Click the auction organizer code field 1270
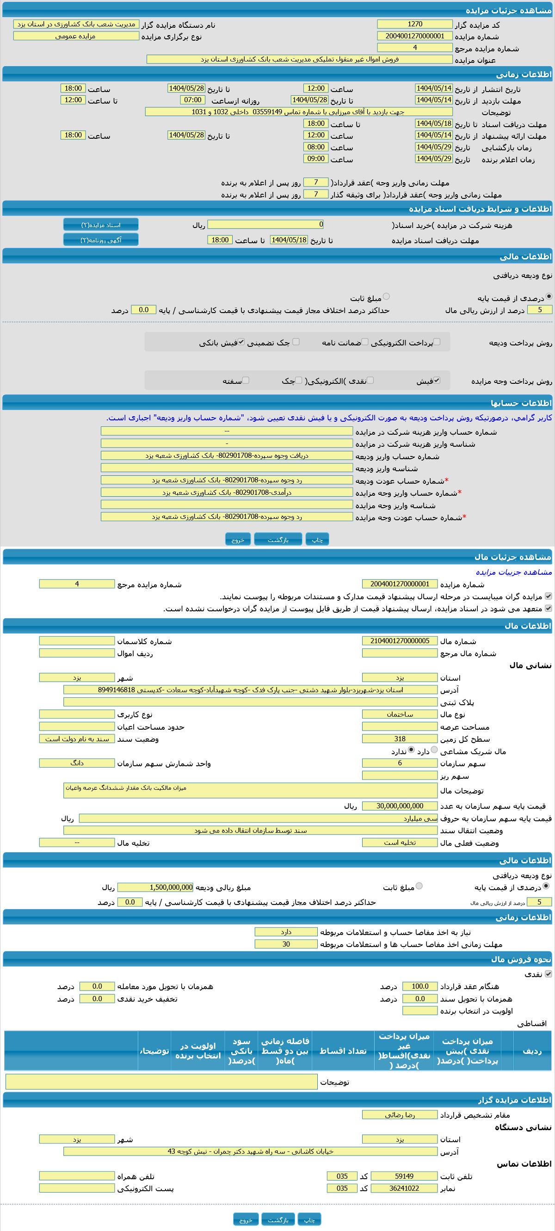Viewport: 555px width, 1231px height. click(x=414, y=24)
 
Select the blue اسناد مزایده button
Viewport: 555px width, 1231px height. click(x=101, y=225)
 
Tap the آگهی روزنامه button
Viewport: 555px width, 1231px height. click(x=101, y=240)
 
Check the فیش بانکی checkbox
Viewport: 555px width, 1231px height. click(x=241, y=342)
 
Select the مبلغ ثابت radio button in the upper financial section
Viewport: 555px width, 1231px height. click(x=386, y=297)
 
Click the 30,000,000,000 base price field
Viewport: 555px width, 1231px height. click(x=400, y=806)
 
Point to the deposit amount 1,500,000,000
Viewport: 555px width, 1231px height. click(x=155, y=887)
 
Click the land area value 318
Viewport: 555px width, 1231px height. click(x=400, y=739)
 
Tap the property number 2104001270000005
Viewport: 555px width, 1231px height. click(x=400, y=641)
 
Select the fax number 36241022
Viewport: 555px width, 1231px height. click(x=404, y=1188)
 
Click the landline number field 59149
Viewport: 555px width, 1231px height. click(x=404, y=1176)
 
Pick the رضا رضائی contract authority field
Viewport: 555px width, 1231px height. click(x=400, y=1115)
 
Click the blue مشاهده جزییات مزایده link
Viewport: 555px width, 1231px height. click(x=513, y=572)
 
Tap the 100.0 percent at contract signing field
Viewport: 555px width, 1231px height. click(x=419, y=986)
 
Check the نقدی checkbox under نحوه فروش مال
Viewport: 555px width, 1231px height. click(x=549, y=974)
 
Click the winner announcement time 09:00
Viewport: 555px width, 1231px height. click(x=316, y=159)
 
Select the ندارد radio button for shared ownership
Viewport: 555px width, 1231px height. click(x=411, y=750)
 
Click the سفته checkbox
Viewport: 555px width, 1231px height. click(x=246, y=381)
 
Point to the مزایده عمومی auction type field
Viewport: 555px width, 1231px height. click(x=76, y=37)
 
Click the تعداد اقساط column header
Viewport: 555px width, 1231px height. click(x=343, y=1051)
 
